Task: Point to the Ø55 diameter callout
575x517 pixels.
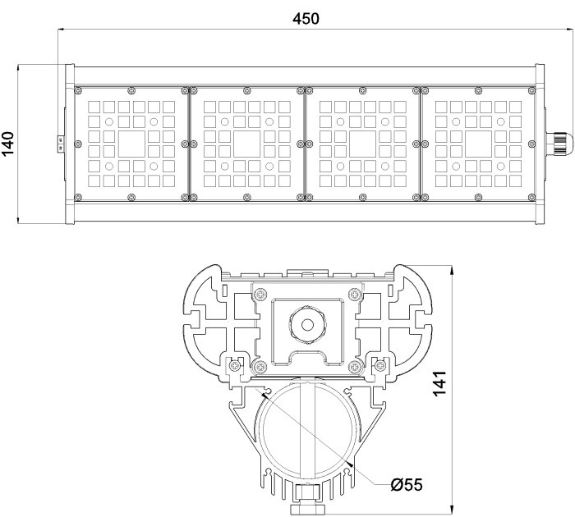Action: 406,484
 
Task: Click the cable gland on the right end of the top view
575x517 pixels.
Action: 558,143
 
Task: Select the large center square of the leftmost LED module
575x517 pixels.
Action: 131,143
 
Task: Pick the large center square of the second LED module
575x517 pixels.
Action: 247,143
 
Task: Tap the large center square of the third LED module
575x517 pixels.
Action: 363,143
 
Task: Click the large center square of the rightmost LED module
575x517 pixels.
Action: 479,143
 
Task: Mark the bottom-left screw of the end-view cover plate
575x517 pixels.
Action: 260,365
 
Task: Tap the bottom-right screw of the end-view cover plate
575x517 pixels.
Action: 355,365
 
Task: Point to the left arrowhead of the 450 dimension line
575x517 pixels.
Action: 62,30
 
